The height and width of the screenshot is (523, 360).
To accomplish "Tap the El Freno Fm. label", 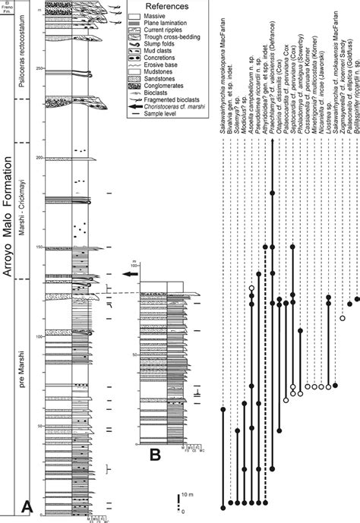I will (x=6, y=7).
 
